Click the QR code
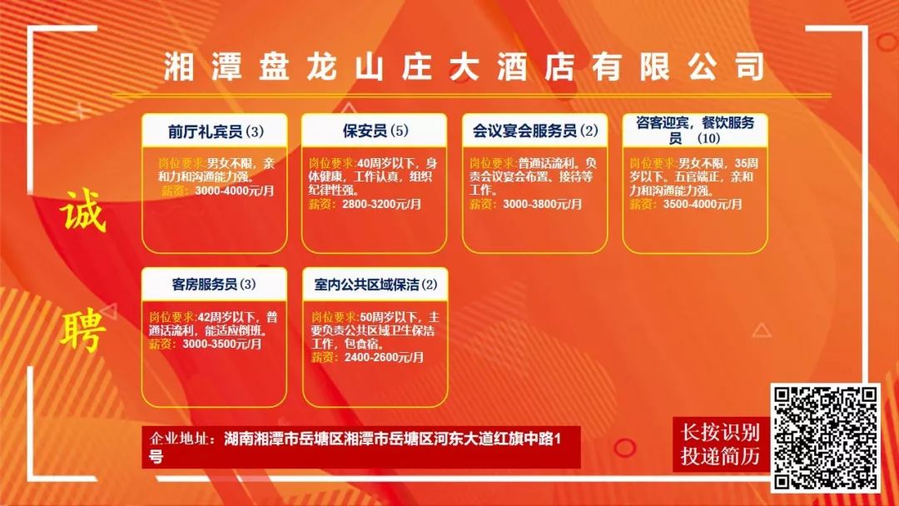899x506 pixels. pos(825,437)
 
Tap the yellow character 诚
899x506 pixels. pos(83,211)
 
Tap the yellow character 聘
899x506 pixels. pos(83,330)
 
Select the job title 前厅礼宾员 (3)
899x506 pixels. pos(216,131)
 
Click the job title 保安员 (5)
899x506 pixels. pos(375,131)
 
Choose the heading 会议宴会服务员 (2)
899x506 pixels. pos(535,131)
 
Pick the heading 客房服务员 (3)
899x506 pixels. pos(214,285)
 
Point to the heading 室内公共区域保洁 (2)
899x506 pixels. pos(375,285)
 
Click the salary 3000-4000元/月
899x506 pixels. pos(235,191)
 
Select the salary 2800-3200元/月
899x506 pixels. pos(382,204)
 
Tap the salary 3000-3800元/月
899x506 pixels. pos(543,204)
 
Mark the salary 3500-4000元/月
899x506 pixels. pos(703,204)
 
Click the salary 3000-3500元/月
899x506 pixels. pos(222,344)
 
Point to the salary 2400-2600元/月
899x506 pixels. pos(384,358)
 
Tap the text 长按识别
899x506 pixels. pos(720,432)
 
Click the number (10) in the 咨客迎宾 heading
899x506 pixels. pos(708,138)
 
